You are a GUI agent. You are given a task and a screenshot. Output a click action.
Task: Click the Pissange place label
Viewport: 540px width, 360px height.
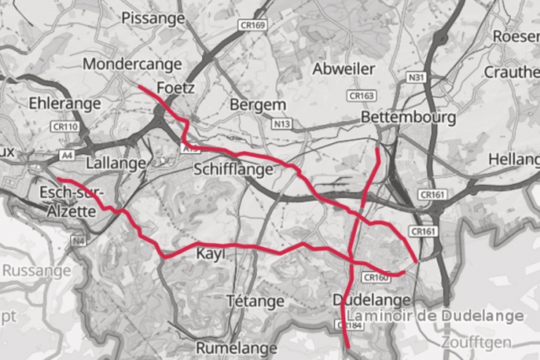[x=153, y=17]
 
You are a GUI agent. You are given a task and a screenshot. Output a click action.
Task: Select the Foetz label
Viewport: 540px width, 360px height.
[x=175, y=88]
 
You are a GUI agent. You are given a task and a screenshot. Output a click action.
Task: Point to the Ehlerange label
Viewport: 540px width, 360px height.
[x=64, y=104]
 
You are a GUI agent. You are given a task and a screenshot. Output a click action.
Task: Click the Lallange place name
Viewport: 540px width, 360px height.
[x=116, y=162]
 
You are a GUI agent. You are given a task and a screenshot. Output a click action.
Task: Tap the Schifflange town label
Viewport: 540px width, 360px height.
[x=234, y=169]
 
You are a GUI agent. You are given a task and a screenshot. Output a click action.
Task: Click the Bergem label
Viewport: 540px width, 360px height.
[x=258, y=105]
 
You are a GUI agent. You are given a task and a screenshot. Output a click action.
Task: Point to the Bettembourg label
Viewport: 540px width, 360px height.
[x=408, y=118]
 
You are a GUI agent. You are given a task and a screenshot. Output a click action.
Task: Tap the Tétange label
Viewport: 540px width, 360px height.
[x=255, y=301]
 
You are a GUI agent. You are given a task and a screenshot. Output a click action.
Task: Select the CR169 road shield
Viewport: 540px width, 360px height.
[x=252, y=26]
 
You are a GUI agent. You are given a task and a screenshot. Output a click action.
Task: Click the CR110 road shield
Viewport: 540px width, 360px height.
[x=65, y=127]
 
